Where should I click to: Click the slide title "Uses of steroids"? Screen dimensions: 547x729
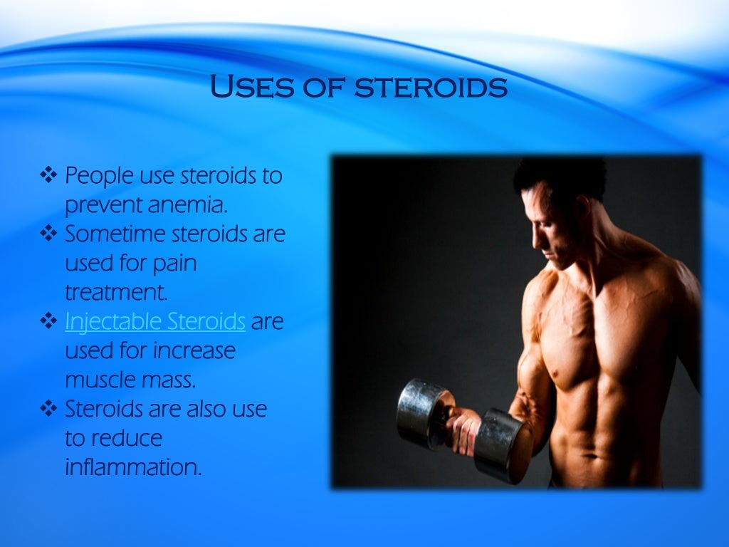point(359,88)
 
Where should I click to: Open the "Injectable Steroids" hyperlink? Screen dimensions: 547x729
point(155,321)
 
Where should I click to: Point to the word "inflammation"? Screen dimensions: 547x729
point(133,468)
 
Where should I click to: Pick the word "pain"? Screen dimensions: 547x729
point(174,263)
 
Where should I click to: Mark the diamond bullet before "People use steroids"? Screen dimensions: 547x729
point(48,174)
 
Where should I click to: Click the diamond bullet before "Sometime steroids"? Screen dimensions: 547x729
point(48,233)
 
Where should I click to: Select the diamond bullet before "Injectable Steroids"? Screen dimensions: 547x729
point(48,321)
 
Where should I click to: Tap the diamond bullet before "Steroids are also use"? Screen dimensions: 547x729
point(48,409)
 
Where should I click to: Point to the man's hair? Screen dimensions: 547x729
point(562,178)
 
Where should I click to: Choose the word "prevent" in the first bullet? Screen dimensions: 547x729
point(103,205)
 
